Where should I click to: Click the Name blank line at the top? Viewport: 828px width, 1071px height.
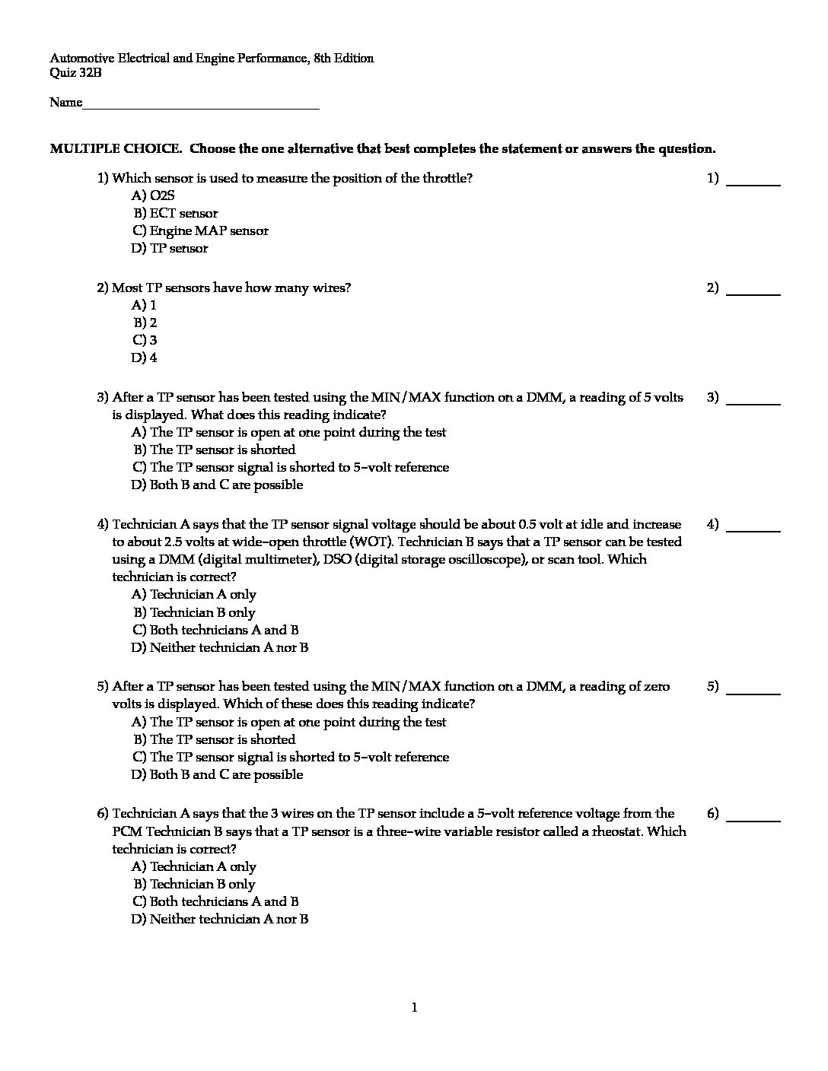(x=201, y=104)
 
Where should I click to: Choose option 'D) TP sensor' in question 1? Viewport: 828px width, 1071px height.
(x=169, y=249)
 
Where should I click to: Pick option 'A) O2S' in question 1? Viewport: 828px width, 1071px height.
(x=153, y=196)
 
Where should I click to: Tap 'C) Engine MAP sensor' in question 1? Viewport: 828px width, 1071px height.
(x=200, y=231)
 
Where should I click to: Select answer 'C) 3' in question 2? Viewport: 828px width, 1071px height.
(x=145, y=341)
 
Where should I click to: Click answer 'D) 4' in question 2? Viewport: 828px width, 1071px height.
(x=145, y=358)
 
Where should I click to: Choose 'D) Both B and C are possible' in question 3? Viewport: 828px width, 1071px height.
(x=217, y=485)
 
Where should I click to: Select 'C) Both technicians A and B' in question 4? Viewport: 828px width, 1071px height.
(x=215, y=631)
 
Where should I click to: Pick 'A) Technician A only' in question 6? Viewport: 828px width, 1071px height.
(x=194, y=867)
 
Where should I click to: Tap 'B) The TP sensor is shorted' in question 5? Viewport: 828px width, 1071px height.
(x=214, y=740)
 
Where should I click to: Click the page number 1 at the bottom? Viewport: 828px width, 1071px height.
(x=414, y=1009)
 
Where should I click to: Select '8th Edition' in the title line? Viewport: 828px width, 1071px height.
(x=342, y=59)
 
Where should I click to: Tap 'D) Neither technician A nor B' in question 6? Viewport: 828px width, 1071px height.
(x=219, y=920)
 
